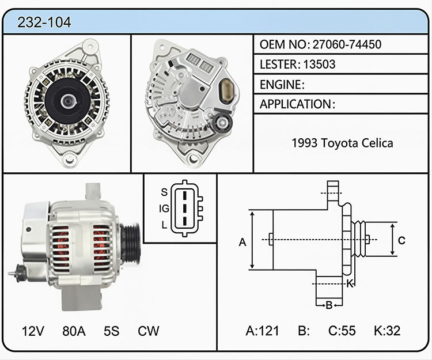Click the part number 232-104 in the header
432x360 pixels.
tap(44, 22)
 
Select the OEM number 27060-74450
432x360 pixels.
tap(347, 44)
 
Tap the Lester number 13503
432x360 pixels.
tap(319, 64)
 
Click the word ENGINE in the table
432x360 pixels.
tap(281, 84)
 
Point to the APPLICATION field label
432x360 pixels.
tap(295, 104)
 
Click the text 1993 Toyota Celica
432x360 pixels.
tap(342, 143)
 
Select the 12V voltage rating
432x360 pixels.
tap(33, 331)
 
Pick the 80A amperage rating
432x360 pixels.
tap(74, 331)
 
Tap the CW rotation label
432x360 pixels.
tap(149, 331)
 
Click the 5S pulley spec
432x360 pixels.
tap(111, 331)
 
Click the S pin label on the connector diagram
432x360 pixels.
tap(164, 192)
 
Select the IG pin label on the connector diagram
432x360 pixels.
tap(164, 209)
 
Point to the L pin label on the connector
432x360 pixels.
tap(165, 225)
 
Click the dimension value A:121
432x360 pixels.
tap(262, 331)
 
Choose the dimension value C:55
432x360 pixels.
tap(342, 331)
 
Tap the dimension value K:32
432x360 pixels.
tap(387, 331)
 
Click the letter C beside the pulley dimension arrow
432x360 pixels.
tap(401, 240)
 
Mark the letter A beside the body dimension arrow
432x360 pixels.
tap(242, 242)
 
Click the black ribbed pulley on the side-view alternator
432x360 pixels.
tap(131, 244)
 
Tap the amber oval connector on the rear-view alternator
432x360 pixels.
tap(226, 92)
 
